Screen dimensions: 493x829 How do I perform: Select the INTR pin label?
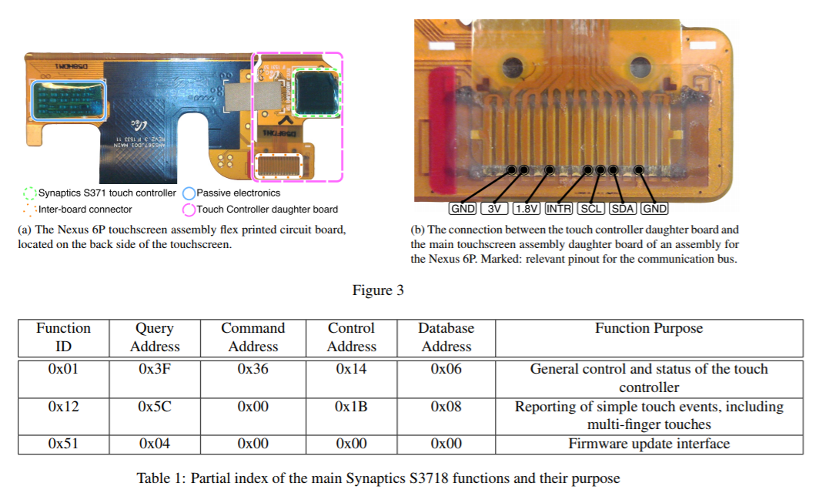point(559,209)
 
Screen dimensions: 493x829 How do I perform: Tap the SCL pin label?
point(591,209)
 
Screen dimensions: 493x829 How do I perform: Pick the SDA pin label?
point(623,209)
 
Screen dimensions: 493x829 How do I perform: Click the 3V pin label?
point(494,209)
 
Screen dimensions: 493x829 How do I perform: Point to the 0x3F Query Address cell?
point(155,369)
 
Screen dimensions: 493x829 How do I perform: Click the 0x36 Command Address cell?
point(252,369)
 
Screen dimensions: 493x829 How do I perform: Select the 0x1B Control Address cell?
point(351,407)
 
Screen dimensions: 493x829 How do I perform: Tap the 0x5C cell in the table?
point(155,407)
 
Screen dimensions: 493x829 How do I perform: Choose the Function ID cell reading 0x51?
point(63,444)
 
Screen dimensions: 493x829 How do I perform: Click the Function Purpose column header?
point(648,328)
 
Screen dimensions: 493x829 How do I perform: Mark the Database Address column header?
point(446,337)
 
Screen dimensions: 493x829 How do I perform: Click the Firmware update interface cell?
point(648,444)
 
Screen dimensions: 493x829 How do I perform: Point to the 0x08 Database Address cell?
point(446,407)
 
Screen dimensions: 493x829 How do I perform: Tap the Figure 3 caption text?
point(378,290)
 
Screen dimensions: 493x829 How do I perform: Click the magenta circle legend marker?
point(189,209)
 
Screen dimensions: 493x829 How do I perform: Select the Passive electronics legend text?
point(238,193)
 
